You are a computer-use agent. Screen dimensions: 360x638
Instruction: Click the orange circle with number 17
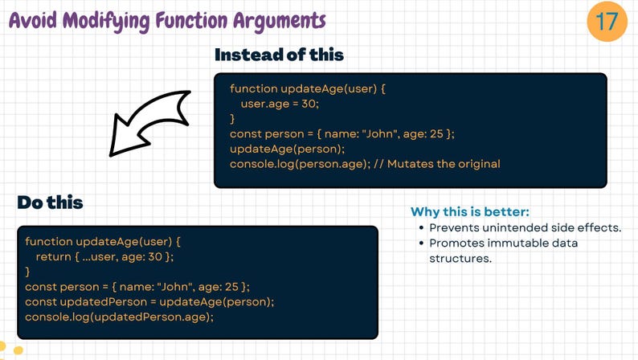pos(607,21)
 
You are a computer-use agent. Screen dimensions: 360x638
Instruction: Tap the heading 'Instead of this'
pos(279,55)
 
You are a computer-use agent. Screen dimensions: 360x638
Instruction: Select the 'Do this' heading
pos(50,202)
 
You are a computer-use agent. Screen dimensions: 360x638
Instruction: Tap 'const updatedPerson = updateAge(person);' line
pos(149,301)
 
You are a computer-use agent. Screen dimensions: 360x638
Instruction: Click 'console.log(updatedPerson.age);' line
pos(120,317)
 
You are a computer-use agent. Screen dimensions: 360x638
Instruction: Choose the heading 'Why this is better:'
pos(470,212)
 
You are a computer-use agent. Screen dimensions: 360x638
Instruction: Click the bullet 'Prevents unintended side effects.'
pos(525,227)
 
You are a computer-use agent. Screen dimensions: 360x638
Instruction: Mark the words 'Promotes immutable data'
pos(503,243)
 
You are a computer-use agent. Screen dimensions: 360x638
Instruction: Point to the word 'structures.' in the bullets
pos(460,258)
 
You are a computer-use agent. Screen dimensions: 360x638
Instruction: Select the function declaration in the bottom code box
pos(104,241)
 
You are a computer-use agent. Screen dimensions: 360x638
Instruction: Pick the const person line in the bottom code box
pos(137,286)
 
